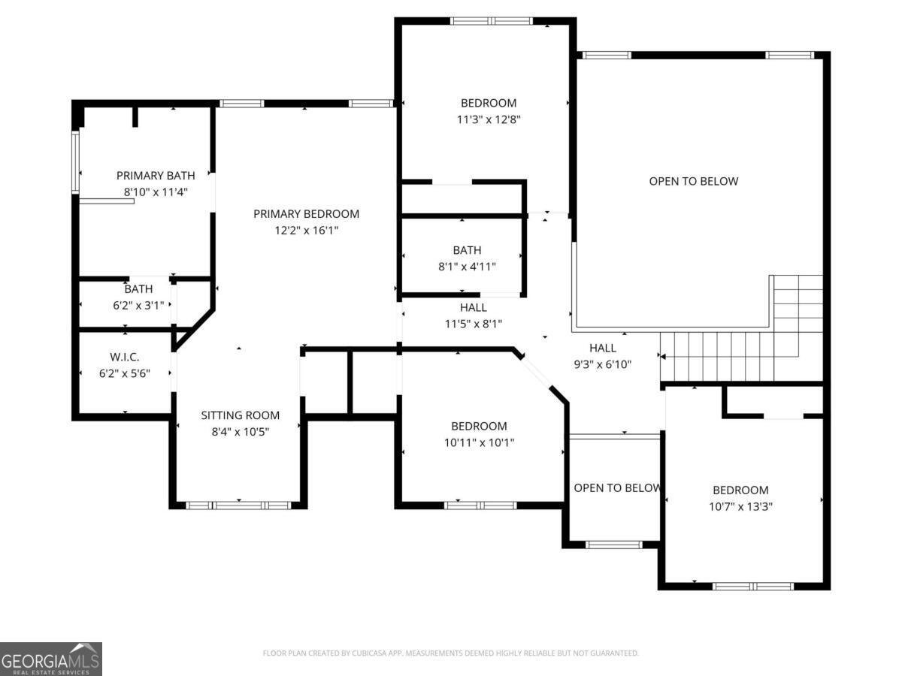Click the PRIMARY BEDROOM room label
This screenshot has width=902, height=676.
[306, 214]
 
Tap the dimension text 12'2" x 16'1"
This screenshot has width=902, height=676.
[306, 231]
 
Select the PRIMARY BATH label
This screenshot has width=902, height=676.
[156, 176]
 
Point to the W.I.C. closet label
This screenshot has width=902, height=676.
[125, 357]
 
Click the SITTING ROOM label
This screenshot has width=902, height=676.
[241, 415]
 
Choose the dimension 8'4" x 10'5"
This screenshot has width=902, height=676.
[241, 432]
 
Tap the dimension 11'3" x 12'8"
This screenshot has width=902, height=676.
[489, 119]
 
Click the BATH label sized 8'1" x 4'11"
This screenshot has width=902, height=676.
[468, 250]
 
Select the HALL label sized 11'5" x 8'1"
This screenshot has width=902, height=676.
[474, 307]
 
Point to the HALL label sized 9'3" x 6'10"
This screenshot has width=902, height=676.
[603, 348]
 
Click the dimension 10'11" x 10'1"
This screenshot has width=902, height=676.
[479, 442]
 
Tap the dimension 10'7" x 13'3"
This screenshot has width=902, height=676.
[740, 506]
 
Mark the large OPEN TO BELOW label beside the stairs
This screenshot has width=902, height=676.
[694, 182]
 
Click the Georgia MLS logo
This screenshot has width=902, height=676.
[50, 659]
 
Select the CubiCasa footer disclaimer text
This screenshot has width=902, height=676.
[451, 653]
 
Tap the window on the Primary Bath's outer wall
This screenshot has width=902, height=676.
[76, 162]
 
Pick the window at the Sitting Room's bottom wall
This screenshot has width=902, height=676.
[239, 505]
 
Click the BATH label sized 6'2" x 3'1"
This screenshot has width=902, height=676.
[138, 289]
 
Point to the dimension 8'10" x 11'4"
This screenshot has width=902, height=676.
[156, 192]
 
